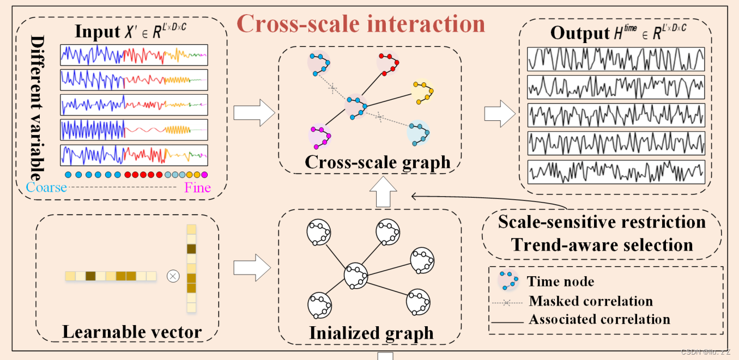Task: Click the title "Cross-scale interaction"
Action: pyautogui.click(x=361, y=24)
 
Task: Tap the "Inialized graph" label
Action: pyautogui.click(x=371, y=332)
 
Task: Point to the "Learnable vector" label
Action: pyautogui.click(x=132, y=331)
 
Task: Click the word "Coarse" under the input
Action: pyautogui.click(x=46, y=188)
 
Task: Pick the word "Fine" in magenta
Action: pyautogui.click(x=197, y=188)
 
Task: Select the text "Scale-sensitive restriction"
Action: pyautogui.click(x=602, y=222)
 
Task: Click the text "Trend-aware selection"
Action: pyautogui.click(x=602, y=245)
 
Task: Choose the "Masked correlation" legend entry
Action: pyautogui.click(x=591, y=301)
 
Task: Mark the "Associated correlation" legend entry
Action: pyautogui.click(x=599, y=319)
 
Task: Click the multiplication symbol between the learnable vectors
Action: pyautogui.click(x=173, y=276)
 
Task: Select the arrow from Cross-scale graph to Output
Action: pyautogui.click(x=499, y=113)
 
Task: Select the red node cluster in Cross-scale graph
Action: pyautogui.click(x=388, y=64)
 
